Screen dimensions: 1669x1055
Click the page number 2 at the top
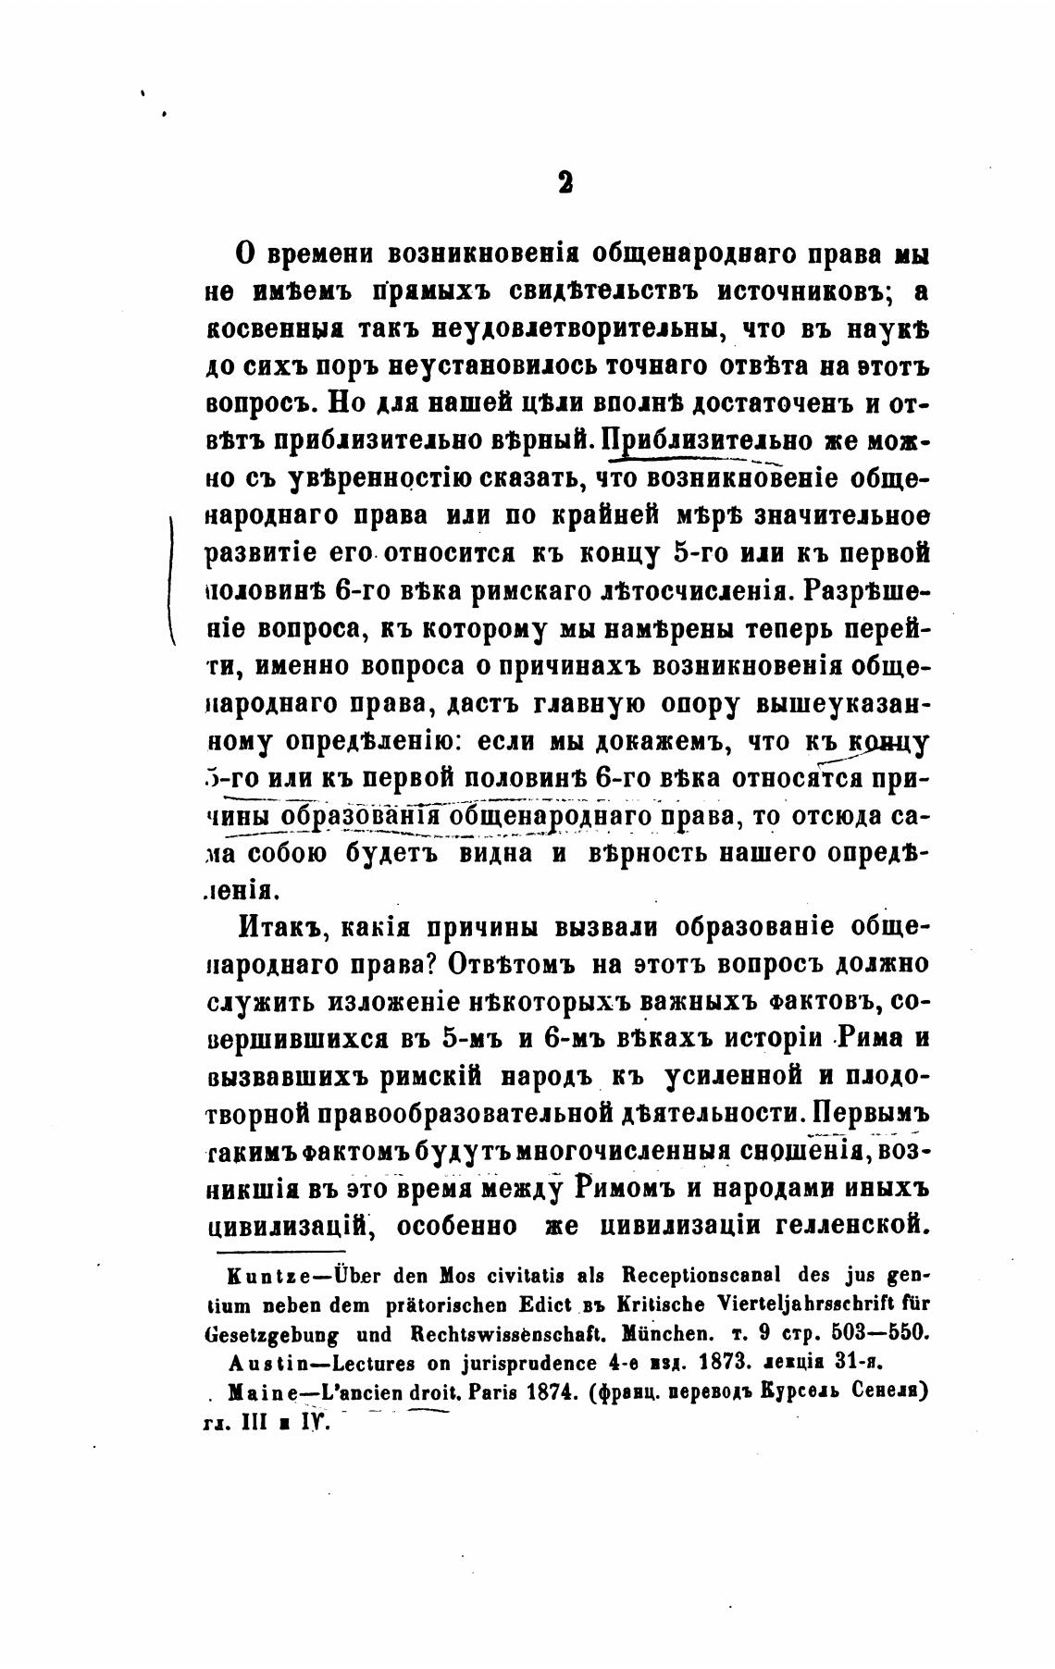pyautogui.click(x=565, y=182)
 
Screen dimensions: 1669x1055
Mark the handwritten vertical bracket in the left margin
pyautogui.click(x=172, y=575)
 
